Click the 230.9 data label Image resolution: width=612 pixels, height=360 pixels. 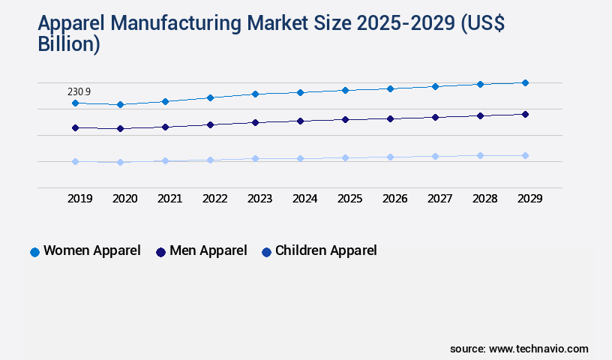[79, 91]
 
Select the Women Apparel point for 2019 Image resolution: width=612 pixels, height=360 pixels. [75, 103]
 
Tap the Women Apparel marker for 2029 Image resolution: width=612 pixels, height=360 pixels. [525, 82]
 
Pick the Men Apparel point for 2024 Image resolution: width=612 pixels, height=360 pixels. [300, 121]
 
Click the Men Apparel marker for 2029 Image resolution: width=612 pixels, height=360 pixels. [525, 114]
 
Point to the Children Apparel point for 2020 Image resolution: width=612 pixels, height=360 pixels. [120, 162]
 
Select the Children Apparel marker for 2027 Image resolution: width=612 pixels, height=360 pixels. [435, 156]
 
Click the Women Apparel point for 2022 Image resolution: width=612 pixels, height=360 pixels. [210, 97]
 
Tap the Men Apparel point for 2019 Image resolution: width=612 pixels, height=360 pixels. [75, 127]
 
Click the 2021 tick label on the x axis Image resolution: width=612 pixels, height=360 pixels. [169, 199]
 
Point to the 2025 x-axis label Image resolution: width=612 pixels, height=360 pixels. [349, 199]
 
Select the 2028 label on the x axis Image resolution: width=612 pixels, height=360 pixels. [484, 199]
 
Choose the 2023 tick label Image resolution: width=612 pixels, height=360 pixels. [259, 199]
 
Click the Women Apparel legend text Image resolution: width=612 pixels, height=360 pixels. [91, 250]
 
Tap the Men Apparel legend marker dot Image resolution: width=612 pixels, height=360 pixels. [160, 252]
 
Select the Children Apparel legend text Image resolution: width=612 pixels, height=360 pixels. [325, 250]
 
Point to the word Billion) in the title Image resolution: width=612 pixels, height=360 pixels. [68, 43]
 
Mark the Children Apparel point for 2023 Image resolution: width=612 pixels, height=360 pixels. [255, 158]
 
